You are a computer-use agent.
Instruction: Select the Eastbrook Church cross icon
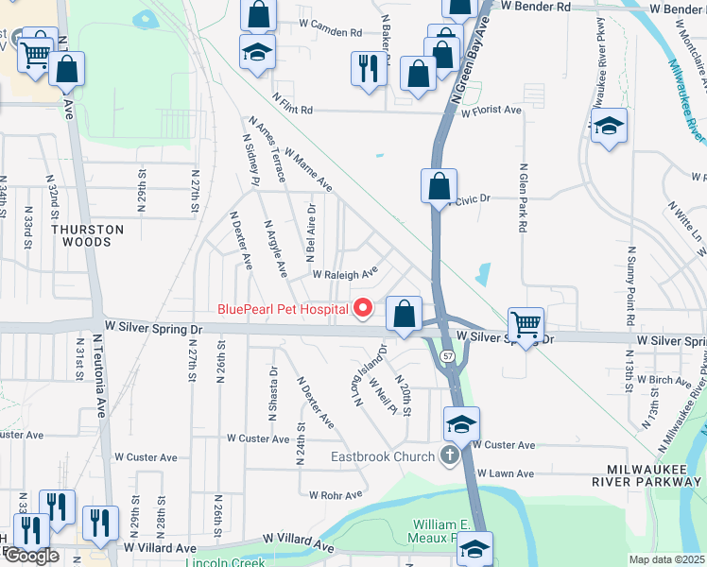click(449, 457)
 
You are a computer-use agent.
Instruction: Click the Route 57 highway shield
click(447, 355)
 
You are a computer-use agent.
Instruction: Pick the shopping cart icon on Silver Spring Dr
click(526, 324)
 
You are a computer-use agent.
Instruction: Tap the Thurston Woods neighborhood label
click(88, 235)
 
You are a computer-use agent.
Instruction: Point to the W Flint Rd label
click(292, 104)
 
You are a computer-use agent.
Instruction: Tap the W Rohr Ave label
click(336, 494)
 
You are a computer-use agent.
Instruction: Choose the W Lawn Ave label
click(506, 472)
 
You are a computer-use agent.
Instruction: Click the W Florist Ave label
click(491, 111)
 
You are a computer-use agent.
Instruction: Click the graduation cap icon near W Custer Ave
click(462, 424)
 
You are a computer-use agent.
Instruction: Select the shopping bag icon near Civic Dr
click(440, 185)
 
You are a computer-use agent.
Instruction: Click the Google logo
click(31, 556)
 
